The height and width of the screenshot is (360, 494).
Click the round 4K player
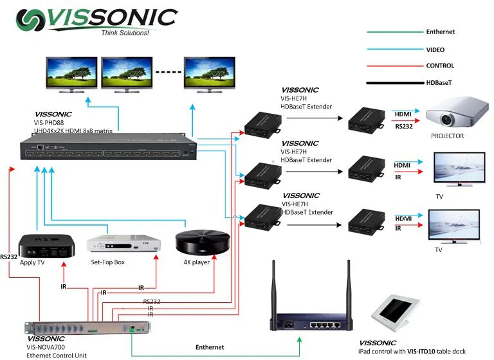(x=202, y=242)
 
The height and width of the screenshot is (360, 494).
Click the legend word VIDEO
(x=435, y=49)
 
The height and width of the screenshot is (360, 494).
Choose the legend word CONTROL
(x=440, y=66)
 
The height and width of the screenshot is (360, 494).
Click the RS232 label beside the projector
(x=403, y=127)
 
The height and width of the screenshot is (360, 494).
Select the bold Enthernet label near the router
(x=210, y=347)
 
